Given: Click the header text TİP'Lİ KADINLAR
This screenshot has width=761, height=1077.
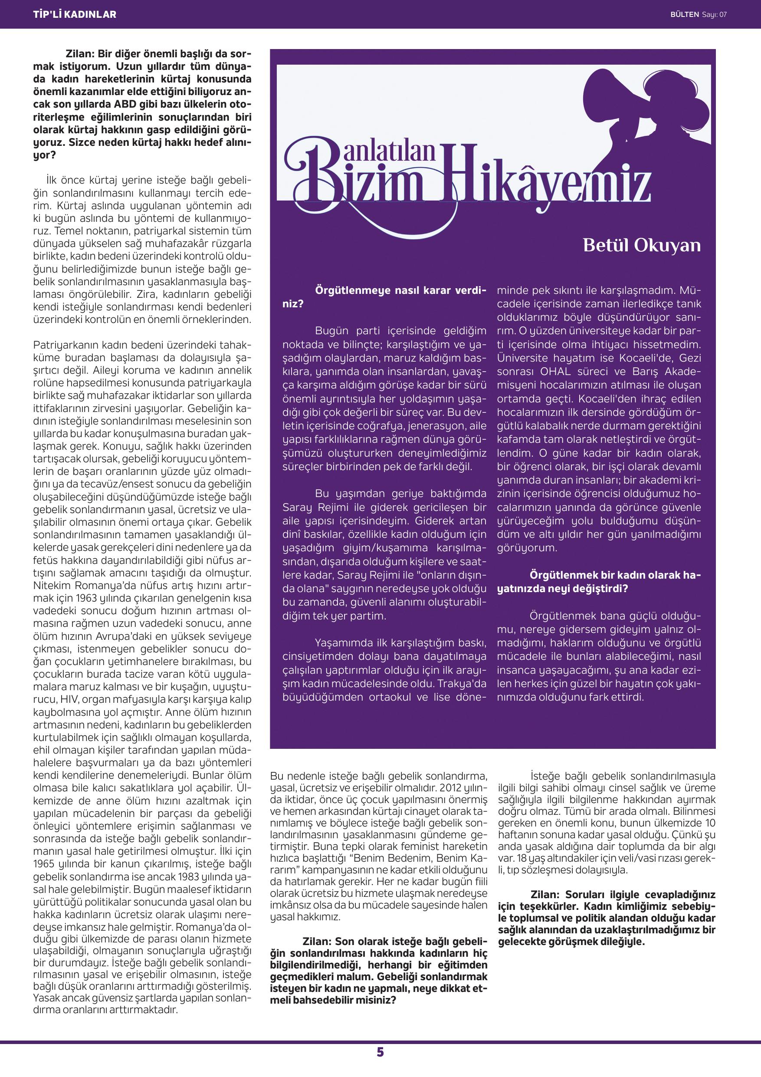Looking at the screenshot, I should coord(75,14).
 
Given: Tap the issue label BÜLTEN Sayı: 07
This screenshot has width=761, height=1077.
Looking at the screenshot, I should coord(698,14).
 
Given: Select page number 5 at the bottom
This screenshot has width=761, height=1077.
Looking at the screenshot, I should coord(380,1052).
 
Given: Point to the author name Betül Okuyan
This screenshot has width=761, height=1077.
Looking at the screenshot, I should coord(641,246).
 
